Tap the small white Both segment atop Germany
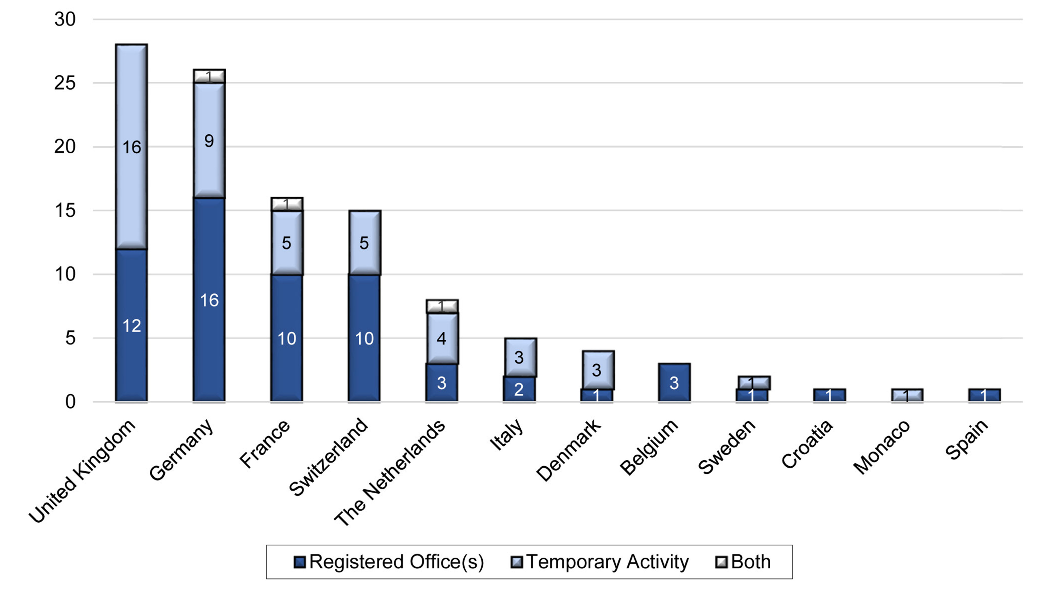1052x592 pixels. coord(209,76)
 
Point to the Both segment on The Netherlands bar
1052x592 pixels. coord(442,306)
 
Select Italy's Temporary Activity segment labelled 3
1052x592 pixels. coord(520,357)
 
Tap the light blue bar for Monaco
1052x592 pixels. coord(907,395)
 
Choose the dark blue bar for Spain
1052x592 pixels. coord(984,395)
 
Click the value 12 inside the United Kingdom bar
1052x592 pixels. coord(131,326)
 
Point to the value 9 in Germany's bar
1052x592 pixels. coord(209,141)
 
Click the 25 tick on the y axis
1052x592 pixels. coord(65,83)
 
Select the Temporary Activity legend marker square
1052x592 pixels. coord(516,562)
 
